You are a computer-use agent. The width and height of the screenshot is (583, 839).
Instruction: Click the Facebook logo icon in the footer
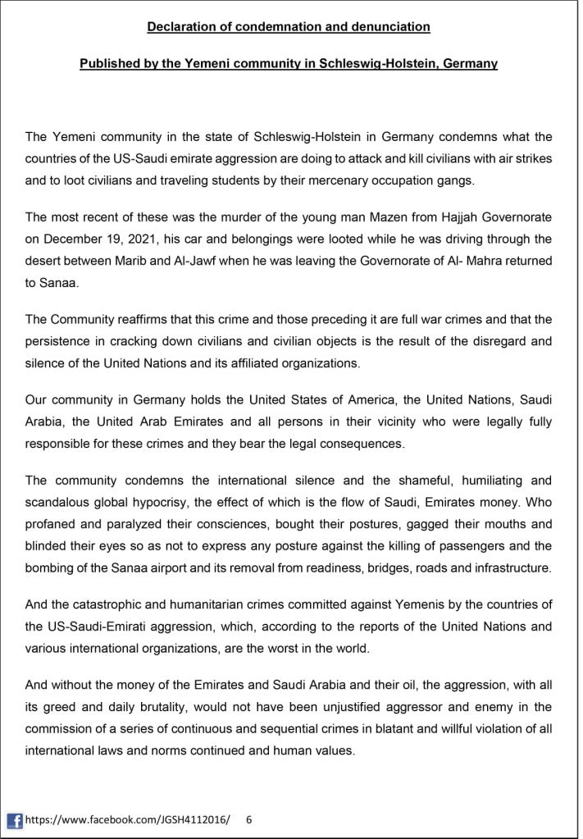pyautogui.click(x=14, y=819)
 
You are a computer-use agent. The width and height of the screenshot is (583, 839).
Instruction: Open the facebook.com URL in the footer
pyautogui.click(x=128, y=819)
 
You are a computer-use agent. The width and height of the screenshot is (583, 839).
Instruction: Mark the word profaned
pyautogui.click(x=52, y=522)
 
